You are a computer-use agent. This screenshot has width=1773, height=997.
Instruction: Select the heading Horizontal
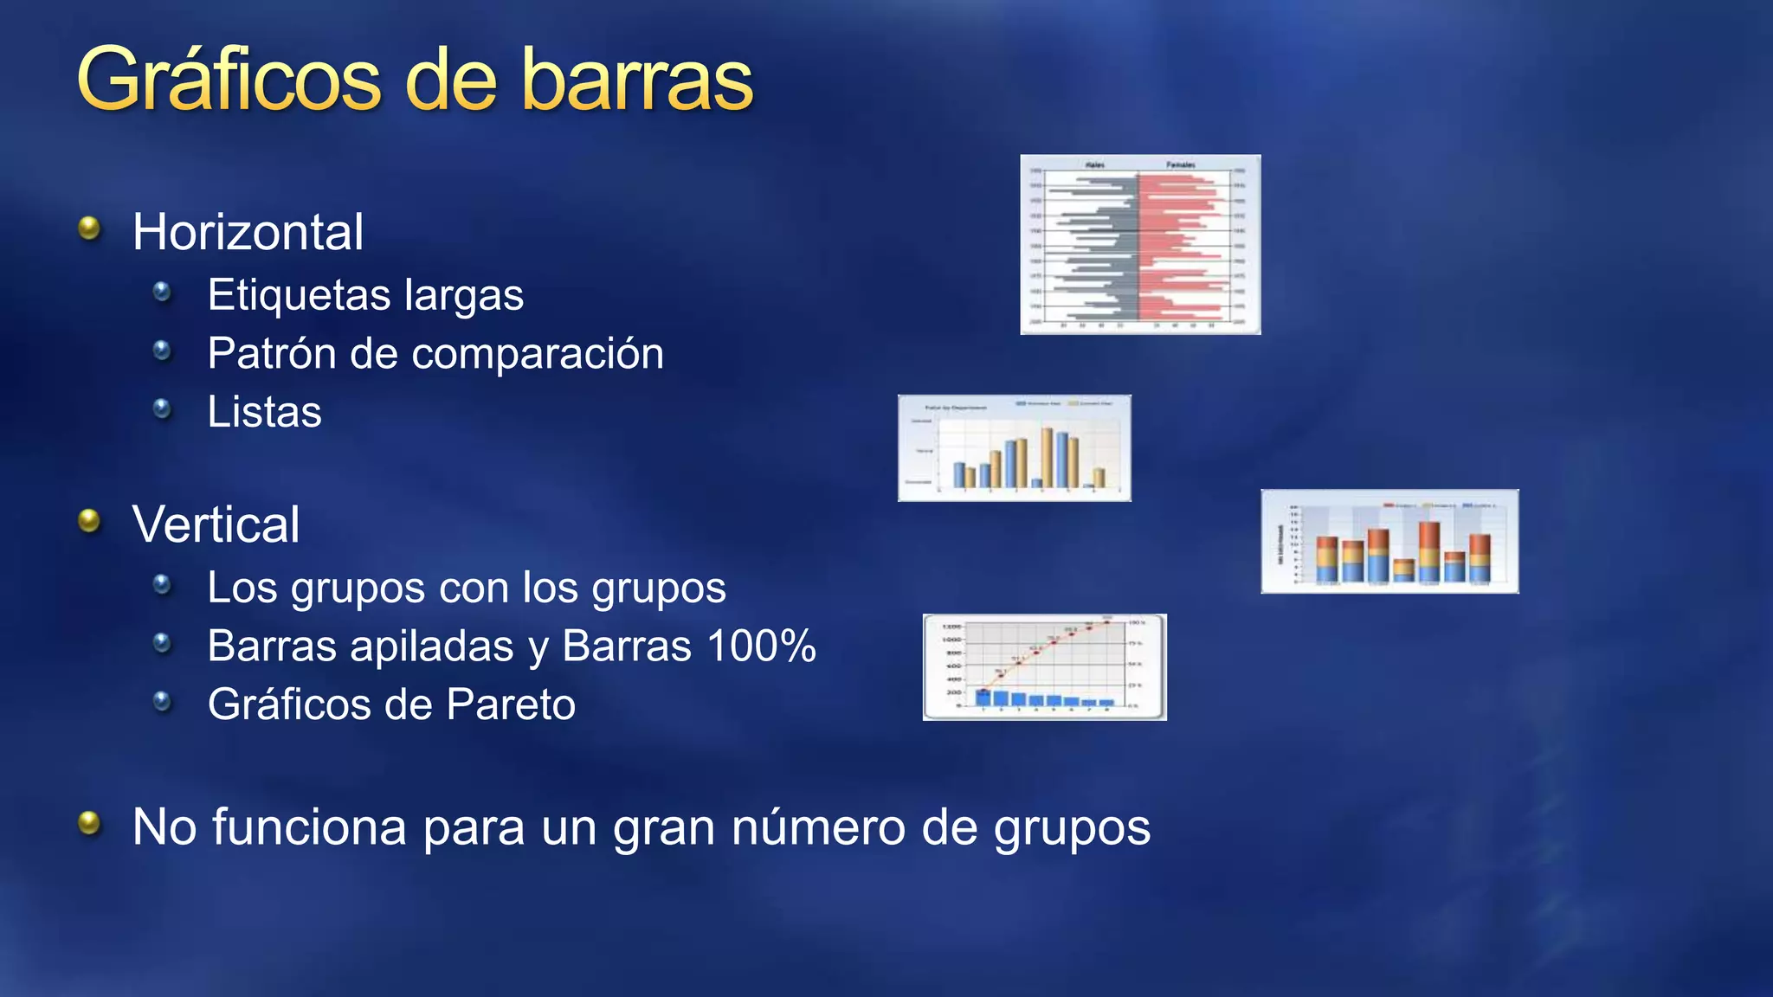(x=248, y=232)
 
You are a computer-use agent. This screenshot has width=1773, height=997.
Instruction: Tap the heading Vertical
(x=216, y=524)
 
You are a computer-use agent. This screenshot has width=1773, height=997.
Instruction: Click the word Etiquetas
(x=299, y=295)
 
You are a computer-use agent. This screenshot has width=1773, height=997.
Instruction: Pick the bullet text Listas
(x=264, y=412)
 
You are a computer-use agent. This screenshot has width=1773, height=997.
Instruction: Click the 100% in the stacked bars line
(x=761, y=646)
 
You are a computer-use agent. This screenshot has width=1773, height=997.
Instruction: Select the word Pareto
(x=511, y=704)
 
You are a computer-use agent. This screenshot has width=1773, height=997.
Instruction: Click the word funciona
(x=310, y=827)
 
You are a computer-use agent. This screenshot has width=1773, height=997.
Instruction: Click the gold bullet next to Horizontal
(x=89, y=228)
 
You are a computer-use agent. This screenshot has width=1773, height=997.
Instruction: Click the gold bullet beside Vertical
(x=89, y=521)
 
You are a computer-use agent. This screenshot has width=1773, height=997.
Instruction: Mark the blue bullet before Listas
(x=162, y=408)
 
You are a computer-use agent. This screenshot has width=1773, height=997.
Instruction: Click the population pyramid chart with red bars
(x=1140, y=245)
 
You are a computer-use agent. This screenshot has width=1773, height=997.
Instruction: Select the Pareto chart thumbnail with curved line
(x=1044, y=667)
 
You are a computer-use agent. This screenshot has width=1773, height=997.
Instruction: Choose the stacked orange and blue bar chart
(x=1389, y=542)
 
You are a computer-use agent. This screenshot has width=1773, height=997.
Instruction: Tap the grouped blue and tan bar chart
(x=1014, y=448)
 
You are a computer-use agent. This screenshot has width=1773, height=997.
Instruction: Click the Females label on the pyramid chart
(x=1181, y=164)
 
